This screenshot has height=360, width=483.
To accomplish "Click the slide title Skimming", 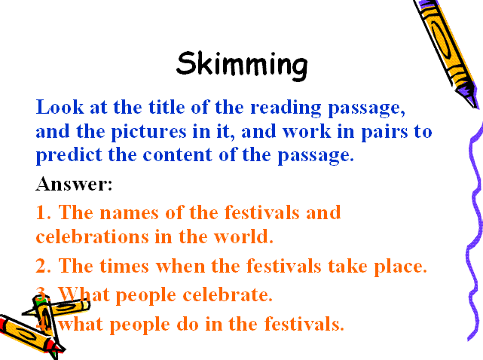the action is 242,66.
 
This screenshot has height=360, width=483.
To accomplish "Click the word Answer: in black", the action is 74,184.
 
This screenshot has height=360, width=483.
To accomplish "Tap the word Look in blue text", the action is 60,107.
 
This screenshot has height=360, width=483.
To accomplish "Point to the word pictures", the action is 148,133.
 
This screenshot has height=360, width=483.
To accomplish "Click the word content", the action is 177,154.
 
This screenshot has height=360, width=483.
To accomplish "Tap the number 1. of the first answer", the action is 43,212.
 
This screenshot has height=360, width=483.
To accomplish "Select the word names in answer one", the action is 129,213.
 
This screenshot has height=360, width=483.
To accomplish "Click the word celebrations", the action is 93,236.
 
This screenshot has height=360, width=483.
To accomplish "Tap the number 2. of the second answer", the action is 43,266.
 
